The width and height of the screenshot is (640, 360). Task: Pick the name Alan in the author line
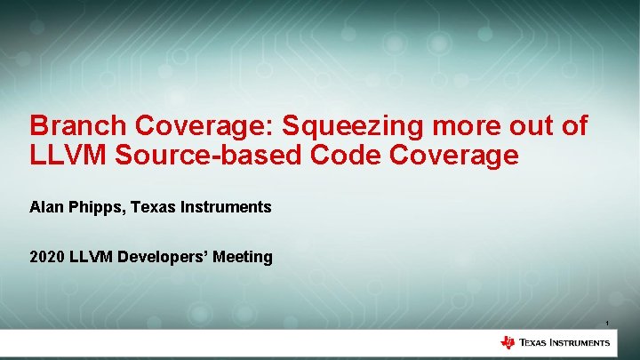[46, 207]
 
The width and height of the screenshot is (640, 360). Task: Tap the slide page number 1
[606, 323]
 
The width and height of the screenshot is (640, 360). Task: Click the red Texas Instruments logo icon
[508, 343]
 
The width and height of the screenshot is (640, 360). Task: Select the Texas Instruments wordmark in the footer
[564, 343]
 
